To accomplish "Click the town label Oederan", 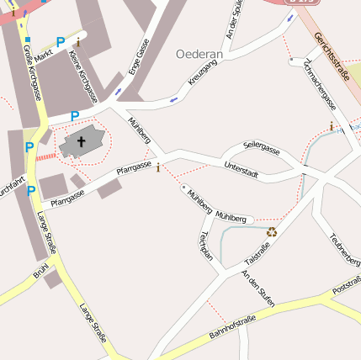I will point(199,54).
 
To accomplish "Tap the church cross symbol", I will point(82,142).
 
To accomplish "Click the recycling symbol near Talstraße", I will point(272,232).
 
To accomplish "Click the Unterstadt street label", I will point(242,171).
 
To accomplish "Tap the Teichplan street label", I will point(204,245).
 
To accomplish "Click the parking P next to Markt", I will point(60,41).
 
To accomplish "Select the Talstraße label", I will point(257,251).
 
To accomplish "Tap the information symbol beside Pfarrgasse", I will point(158,167).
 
